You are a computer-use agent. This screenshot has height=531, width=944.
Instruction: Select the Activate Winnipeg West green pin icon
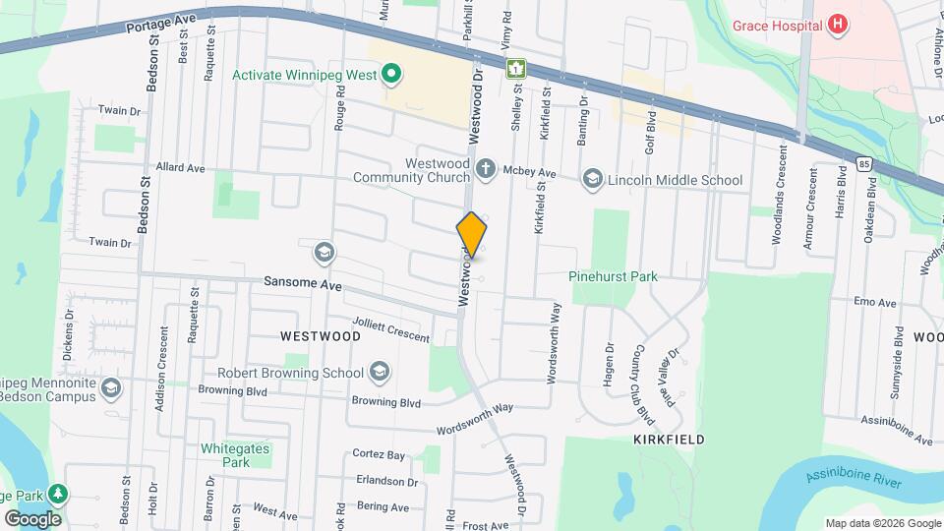tap(390, 75)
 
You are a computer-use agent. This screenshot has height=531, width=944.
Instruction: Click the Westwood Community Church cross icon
tap(485, 170)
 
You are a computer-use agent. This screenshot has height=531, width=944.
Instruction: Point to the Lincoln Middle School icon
tap(592, 179)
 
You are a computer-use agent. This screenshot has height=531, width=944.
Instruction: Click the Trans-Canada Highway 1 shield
tap(514, 68)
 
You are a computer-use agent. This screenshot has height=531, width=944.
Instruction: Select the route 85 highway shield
tap(862, 163)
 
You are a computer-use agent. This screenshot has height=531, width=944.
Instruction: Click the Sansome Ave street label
tap(302, 283)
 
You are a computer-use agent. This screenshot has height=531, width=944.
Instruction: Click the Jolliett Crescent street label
tap(390, 330)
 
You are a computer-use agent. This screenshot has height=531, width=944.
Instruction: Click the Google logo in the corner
tap(32, 518)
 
